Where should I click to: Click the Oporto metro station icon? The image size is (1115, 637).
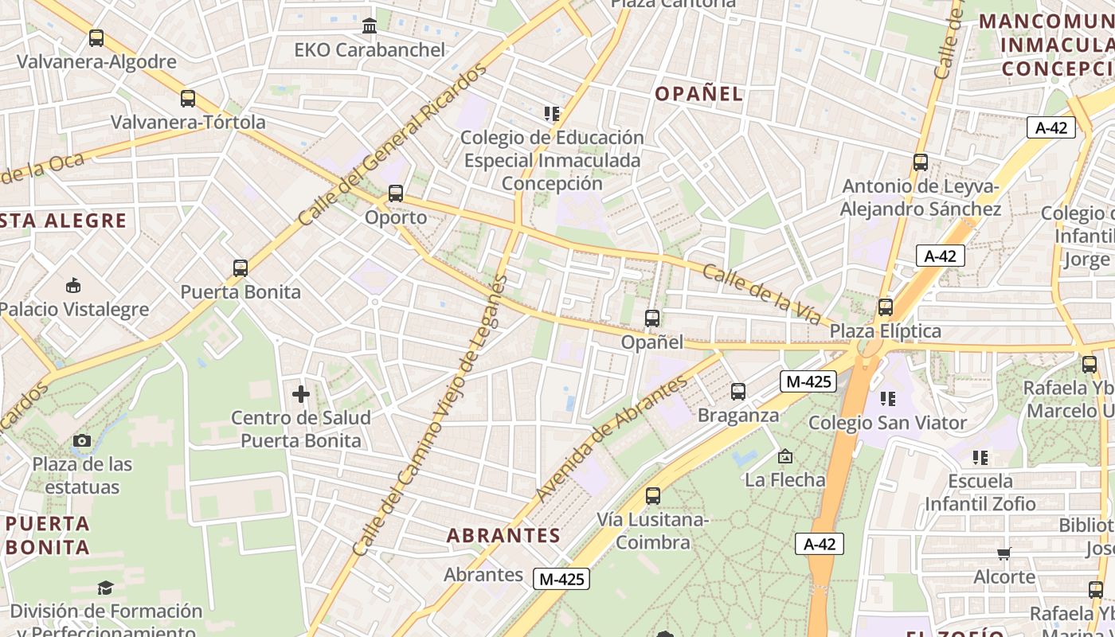(x=396, y=193)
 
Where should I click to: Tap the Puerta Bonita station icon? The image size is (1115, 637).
(x=241, y=268)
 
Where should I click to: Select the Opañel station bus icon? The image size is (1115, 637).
(x=652, y=318)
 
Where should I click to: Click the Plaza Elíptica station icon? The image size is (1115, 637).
(x=886, y=307)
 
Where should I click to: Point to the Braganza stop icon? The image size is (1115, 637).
(x=738, y=392)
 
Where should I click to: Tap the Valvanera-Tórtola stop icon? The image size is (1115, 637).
(x=188, y=99)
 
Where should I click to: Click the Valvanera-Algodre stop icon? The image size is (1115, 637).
(x=96, y=38)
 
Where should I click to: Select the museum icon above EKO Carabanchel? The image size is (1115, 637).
(x=370, y=26)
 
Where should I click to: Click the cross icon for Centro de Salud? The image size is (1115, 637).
(x=301, y=394)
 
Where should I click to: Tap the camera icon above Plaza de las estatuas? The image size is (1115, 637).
(x=81, y=441)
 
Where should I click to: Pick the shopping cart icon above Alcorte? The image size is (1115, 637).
(x=1004, y=553)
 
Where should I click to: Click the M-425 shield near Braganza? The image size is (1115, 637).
(x=808, y=381)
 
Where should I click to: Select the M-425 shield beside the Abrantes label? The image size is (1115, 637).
(x=561, y=579)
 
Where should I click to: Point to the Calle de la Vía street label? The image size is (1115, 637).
(x=761, y=295)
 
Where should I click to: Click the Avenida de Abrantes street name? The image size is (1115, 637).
(x=611, y=439)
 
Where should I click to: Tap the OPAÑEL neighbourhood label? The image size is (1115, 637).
(x=698, y=94)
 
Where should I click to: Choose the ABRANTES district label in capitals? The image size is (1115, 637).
(x=503, y=535)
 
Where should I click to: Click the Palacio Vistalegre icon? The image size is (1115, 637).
(x=73, y=285)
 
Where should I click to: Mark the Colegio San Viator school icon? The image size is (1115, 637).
(x=888, y=398)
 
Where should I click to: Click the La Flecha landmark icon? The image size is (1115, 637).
(x=785, y=456)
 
